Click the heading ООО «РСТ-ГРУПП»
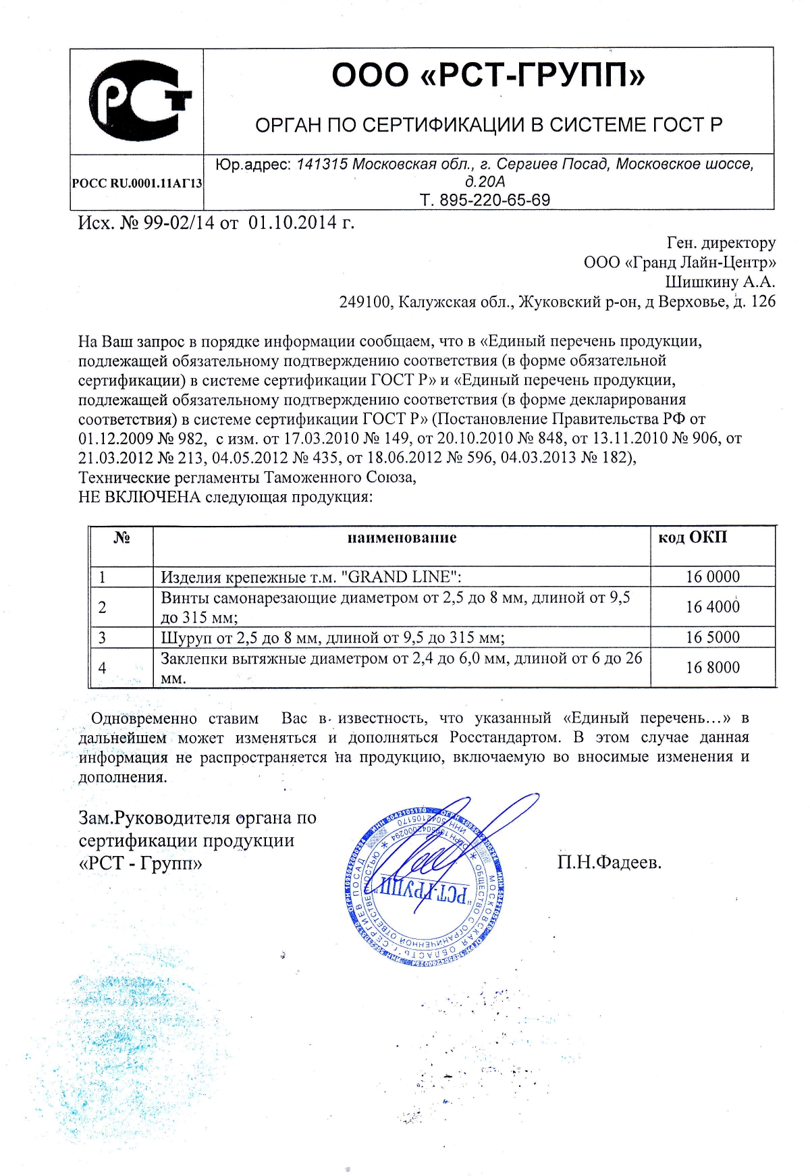[488, 75]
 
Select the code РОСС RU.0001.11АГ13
[137, 183]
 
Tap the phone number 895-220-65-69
[495, 200]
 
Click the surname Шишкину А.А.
[720, 282]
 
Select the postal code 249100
[364, 302]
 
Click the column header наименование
[402, 538]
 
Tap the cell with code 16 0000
[713, 577]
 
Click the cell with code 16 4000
[713, 607]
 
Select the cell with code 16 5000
[713, 637]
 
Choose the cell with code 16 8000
[713, 668]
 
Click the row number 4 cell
[103, 668]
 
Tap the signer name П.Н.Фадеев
[610, 862]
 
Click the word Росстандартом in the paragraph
[504, 737]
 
